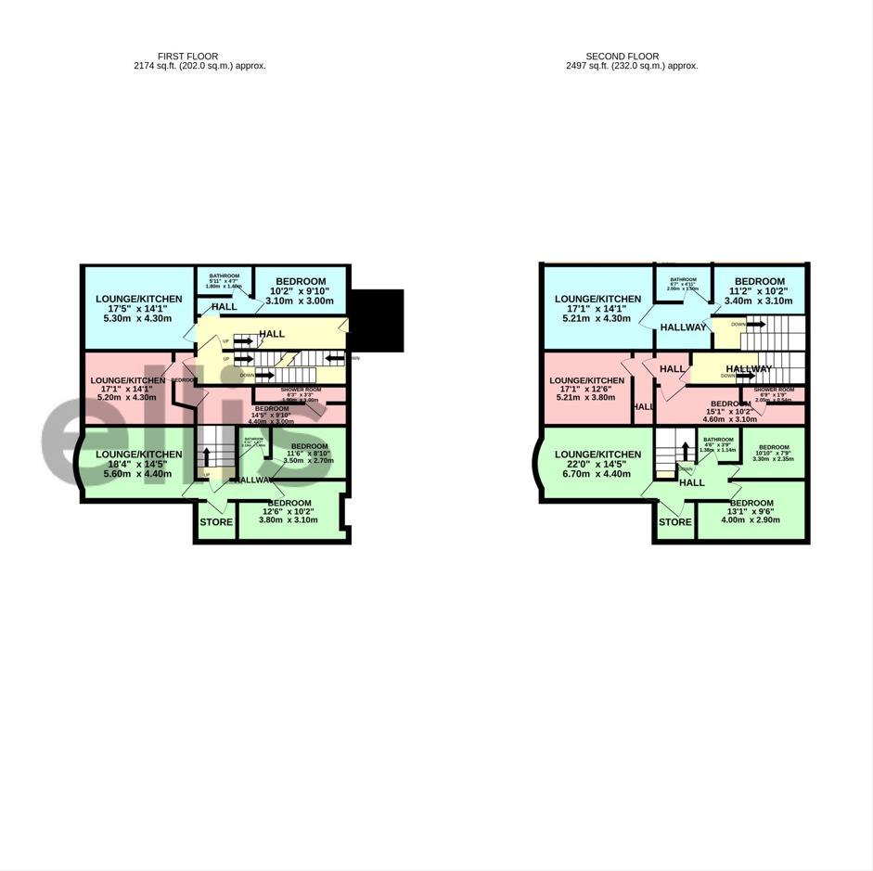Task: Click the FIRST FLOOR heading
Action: pyautogui.click(x=187, y=57)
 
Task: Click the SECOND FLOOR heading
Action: pyautogui.click(x=622, y=57)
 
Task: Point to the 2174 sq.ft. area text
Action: pyautogui.click(x=199, y=66)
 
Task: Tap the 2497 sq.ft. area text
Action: pyautogui.click(x=632, y=66)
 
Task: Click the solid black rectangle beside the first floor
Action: pyautogui.click(x=377, y=320)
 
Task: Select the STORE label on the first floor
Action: pyautogui.click(x=216, y=522)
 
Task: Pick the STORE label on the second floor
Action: pyautogui.click(x=674, y=522)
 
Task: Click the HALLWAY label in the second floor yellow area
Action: pyautogui.click(x=749, y=369)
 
